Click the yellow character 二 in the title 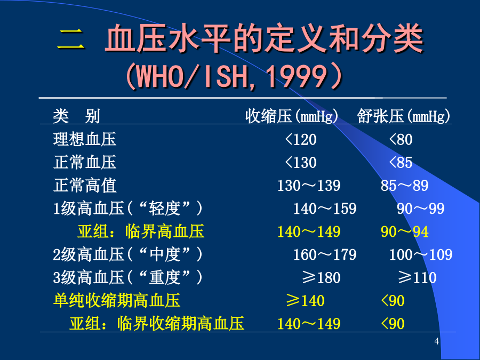pyautogui.click(x=70, y=39)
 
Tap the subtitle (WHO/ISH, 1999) pyautogui.click(x=234, y=76)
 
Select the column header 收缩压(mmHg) pyautogui.click(x=291, y=116)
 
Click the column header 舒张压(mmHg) pyautogui.click(x=404, y=116)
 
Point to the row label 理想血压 pyautogui.click(x=85, y=139)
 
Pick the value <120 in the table pyautogui.click(x=301, y=140)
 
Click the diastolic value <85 pyautogui.click(x=401, y=163)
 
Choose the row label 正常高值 pyautogui.click(x=85, y=186)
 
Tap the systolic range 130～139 pyautogui.click(x=309, y=186)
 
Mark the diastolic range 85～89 pyautogui.click(x=404, y=186)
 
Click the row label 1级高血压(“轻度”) pyautogui.click(x=127, y=209)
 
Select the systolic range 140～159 pyautogui.click(x=325, y=209)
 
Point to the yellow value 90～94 pyautogui.click(x=404, y=232)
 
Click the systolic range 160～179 pyautogui.click(x=325, y=255)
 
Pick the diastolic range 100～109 pyautogui.click(x=421, y=255)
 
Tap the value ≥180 pyautogui.click(x=321, y=278)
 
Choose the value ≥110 pyautogui.click(x=417, y=278)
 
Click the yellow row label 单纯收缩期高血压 pyautogui.click(x=117, y=301)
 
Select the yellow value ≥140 pyautogui.click(x=305, y=301)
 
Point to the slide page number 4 pyautogui.click(x=436, y=341)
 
